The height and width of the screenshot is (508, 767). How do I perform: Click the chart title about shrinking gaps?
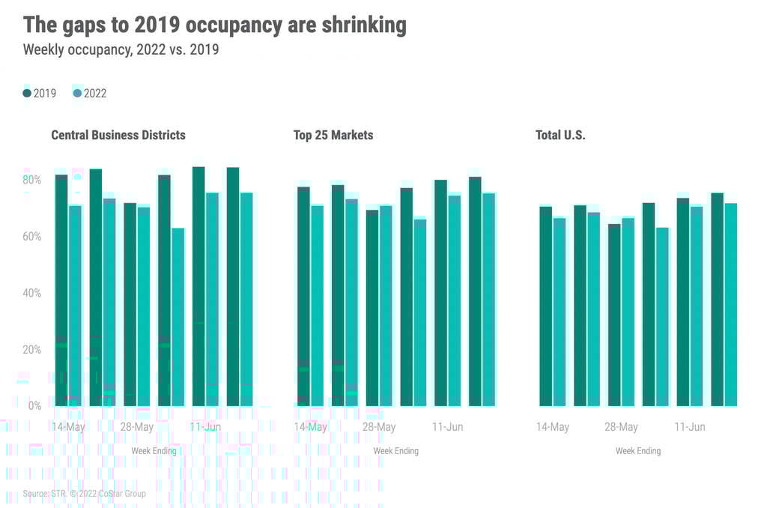pos(215,25)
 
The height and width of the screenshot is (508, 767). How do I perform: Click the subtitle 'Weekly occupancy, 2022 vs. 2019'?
pos(121,50)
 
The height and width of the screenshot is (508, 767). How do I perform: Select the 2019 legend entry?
pos(39,94)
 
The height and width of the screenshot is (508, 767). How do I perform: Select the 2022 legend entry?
pos(89,94)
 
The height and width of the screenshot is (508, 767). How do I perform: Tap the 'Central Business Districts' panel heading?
pos(118,136)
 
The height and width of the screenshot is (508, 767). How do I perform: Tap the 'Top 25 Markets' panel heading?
pos(333,136)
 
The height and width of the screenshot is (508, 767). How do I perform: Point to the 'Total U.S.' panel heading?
pos(560,136)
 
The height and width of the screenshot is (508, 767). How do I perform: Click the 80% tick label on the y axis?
pos(31,180)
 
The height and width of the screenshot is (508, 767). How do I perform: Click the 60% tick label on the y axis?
pos(31,237)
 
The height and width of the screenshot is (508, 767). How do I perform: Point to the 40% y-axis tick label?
pos(31,293)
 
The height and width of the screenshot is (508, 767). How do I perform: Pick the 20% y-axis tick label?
pos(31,350)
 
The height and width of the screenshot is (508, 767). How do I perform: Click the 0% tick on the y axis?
pos(34,406)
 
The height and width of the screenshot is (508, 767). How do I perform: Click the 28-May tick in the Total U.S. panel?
pos(621,427)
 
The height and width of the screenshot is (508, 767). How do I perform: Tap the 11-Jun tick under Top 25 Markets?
pos(447,427)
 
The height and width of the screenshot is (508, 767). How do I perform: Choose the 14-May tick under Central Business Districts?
pos(68,427)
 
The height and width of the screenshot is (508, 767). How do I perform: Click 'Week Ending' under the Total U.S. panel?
pos(638,451)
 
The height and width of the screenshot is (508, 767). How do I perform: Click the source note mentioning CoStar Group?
pos(84,494)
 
